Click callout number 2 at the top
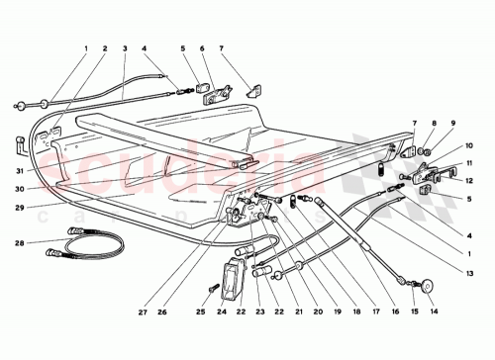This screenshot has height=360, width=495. click(x=104, y=47)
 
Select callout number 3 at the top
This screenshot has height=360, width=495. click(x=125, y=47)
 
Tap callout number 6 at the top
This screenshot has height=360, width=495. click(x=203, y=47)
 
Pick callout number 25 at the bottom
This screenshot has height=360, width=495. click(x=201, y=314)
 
